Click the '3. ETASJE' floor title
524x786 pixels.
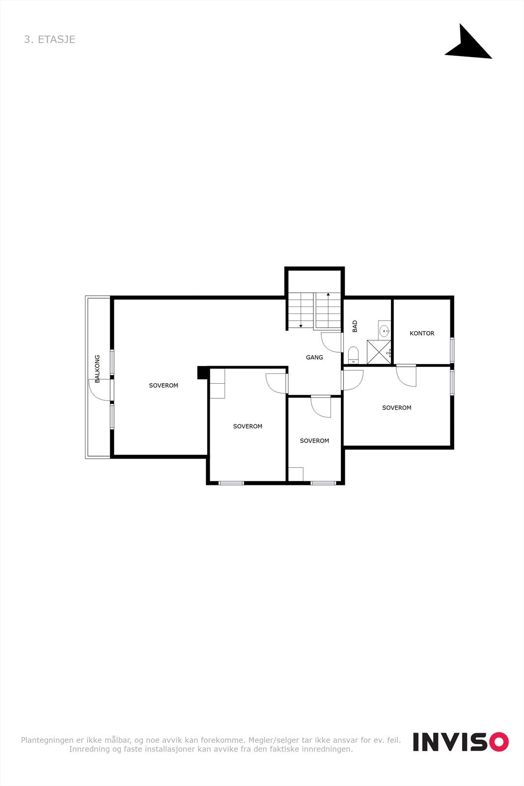[x=50, y=39]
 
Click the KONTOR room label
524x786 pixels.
[x=422, y=333]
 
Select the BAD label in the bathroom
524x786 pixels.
[x=355, y=326]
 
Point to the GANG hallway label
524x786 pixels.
[x=314, y=357]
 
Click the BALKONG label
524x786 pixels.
[x=97, y=369]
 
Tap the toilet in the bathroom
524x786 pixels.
[x=353, y=355]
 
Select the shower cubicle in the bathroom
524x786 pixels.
[x=379, y=352]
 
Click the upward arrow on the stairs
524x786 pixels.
[x=328, y=295]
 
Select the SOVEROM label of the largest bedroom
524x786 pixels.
[x=164, y=386]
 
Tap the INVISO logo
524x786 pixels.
[x=460, y=742]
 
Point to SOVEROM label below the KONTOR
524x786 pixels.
[x=396, y=408]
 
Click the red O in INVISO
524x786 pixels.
[x=498, y=742]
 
